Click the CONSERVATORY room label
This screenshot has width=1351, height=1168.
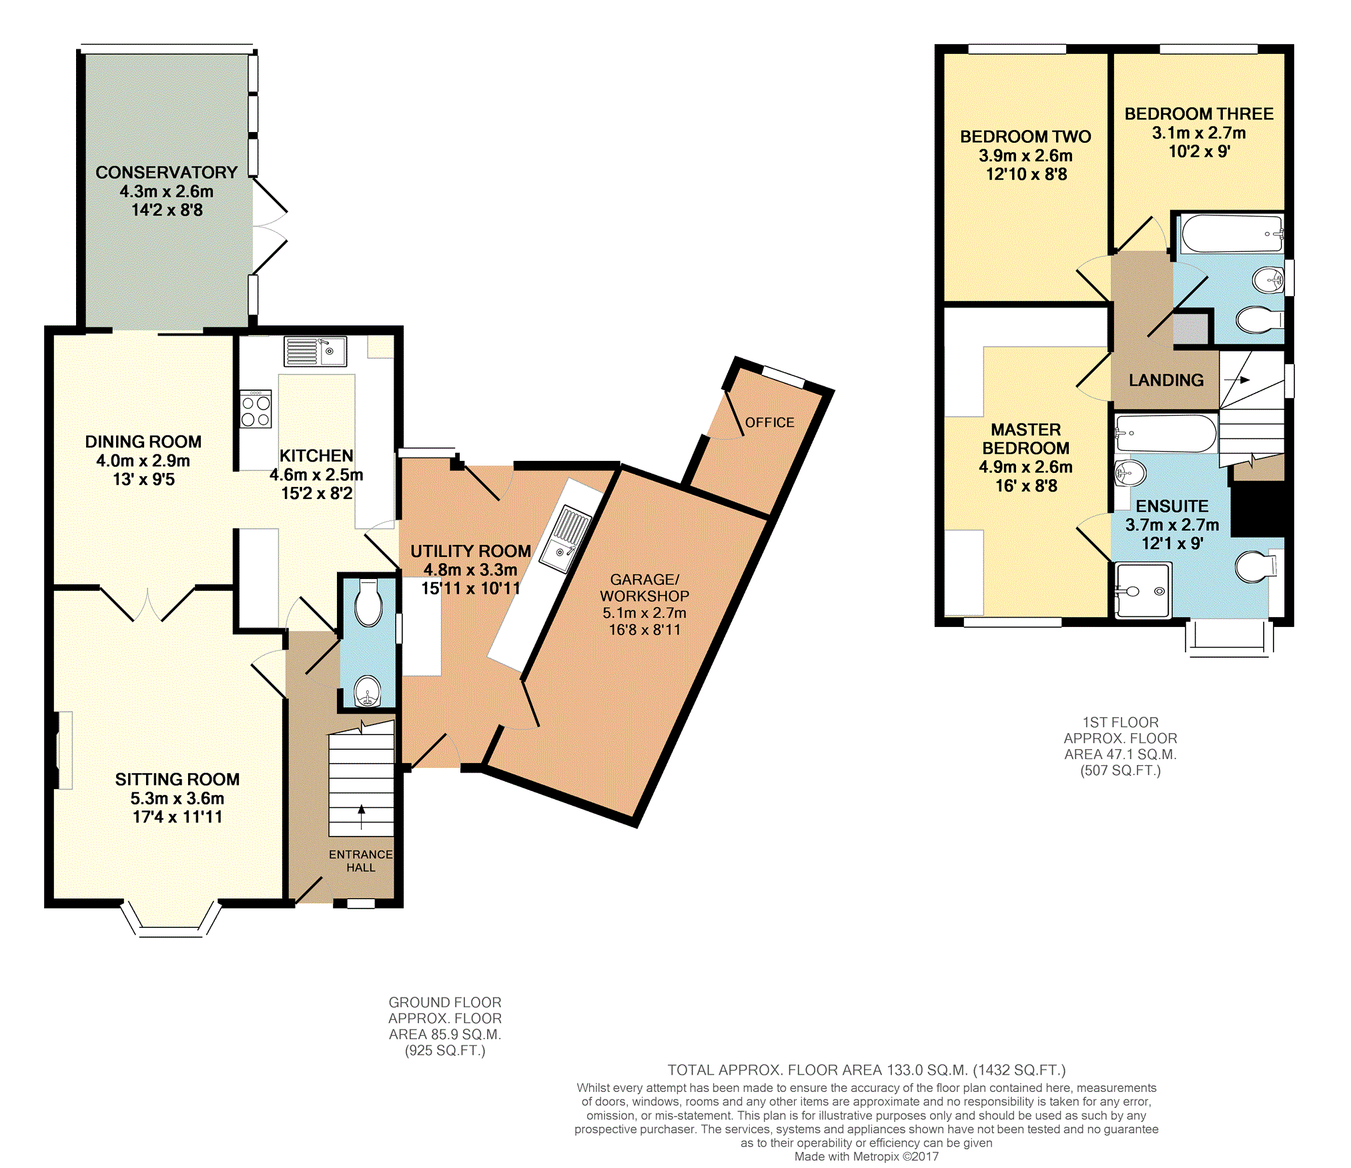[x=166, y=172]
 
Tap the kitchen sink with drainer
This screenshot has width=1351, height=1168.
[x=315, y=352]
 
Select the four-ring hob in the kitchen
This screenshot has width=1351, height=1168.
[x=256, y=409]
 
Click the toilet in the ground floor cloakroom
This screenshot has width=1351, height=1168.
[x=368, y=602]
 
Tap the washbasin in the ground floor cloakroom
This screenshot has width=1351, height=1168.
[x=367, y=691]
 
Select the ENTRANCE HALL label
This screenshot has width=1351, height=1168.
[x=361, y=861]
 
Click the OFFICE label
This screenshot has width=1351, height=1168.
[x=770, y=422]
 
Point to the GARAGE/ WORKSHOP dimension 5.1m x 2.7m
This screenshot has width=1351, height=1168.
[x=644, y=612]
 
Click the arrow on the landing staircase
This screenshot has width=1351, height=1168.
[x=1237, y=380]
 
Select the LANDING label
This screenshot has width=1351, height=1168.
[x=1166, y=380]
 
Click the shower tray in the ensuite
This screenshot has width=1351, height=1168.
[x=1143, y=591]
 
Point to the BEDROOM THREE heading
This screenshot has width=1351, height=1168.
[x=1199, y=114]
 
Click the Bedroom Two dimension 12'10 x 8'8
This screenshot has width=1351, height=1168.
[x=1026, y=174]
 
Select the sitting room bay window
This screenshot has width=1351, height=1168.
[x=171, y=921]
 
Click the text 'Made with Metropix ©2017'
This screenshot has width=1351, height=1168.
[x=866, y=1157]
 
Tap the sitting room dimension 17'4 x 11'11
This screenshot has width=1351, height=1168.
[x=177, y=816]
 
